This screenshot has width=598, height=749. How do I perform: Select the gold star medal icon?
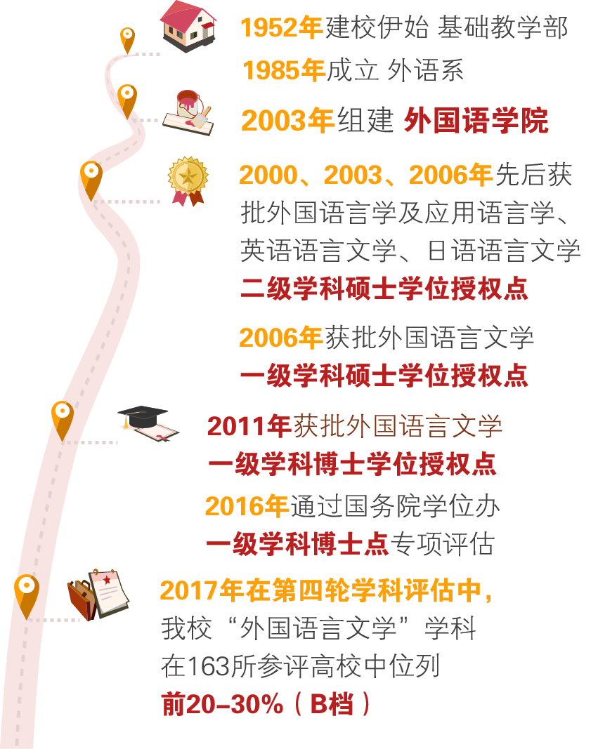[x=188, y=179]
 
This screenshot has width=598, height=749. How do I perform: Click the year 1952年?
[x=281, y=28]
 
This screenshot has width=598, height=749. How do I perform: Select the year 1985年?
[x=283, y=71]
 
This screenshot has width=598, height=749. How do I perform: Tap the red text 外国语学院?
[x=476, y=121]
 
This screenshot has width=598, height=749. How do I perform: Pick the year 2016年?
[x=247, y=506]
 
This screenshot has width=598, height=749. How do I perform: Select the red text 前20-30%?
[x=222, y=704]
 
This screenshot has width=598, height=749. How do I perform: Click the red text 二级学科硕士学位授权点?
[x=384, y=289]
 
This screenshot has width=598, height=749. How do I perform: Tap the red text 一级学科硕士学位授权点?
[x=384, y=376]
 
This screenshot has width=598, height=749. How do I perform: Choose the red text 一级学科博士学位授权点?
[x=352, y=464]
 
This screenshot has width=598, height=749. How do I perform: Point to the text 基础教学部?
[x=502, y=28]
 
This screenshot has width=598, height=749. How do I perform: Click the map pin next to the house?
[x=127, y=38]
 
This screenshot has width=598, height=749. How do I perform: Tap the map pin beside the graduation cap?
[x=63, y=417]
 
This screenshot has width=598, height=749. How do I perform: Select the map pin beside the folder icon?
[x=27, y=593]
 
